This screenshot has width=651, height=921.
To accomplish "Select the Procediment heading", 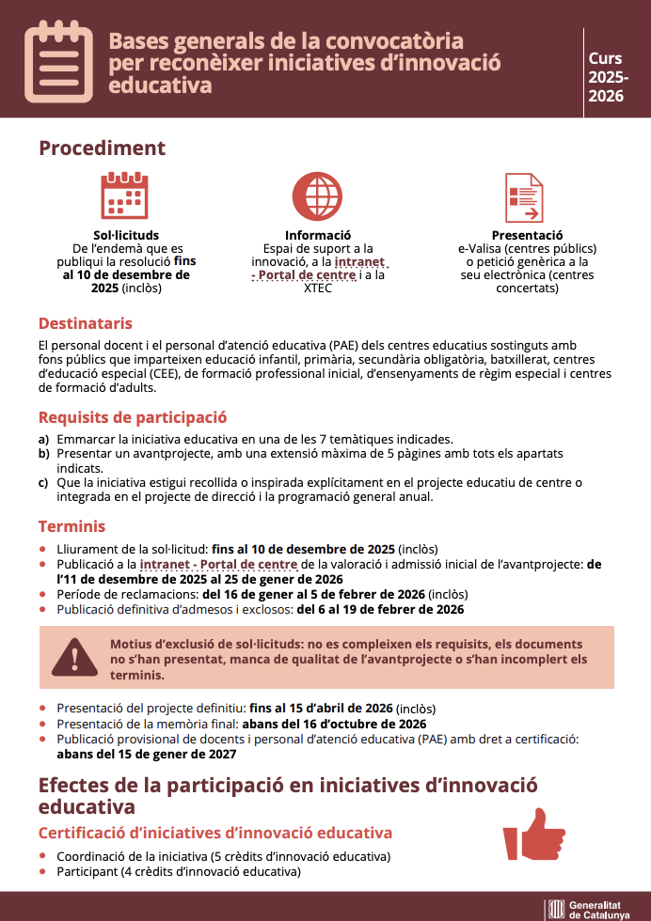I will tap(102, 148).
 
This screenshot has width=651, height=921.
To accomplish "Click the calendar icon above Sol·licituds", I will tap(126, 196).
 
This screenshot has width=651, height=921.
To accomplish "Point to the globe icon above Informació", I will tap(317, 196).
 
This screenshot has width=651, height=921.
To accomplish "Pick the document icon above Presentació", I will tap(524, 197).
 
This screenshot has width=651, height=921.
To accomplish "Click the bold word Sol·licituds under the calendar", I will tap(126, 235).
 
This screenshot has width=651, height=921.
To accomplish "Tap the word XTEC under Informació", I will tap(318, 289).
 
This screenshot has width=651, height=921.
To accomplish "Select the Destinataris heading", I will tap(85, 323).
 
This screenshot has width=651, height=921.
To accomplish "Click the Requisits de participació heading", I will tap(132, 417).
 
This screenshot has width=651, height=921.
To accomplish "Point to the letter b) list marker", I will tap(43, 453).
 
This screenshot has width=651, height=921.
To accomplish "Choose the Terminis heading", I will tap(71, 526).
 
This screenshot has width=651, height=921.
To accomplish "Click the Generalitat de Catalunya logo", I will tap(587, 909).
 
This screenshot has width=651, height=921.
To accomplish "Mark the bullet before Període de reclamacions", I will tap(42, 595).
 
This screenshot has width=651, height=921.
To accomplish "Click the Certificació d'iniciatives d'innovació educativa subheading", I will tap(214, 833).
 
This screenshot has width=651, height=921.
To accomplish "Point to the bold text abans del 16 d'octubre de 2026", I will tap(334, 724).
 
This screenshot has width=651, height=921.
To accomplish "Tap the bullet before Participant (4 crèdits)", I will tap(42, 872).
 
